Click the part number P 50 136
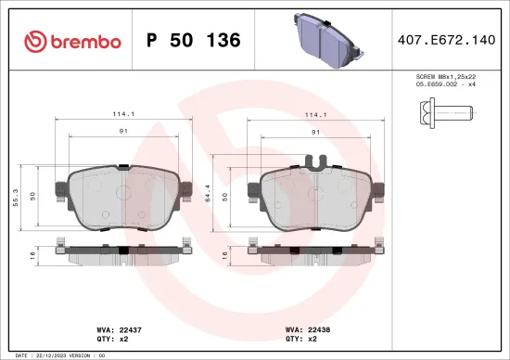click(194, 41)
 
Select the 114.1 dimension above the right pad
click(316, 116)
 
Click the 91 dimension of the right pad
click(316, 132)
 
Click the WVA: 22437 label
click(116, 329)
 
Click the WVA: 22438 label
click(307, 329)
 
